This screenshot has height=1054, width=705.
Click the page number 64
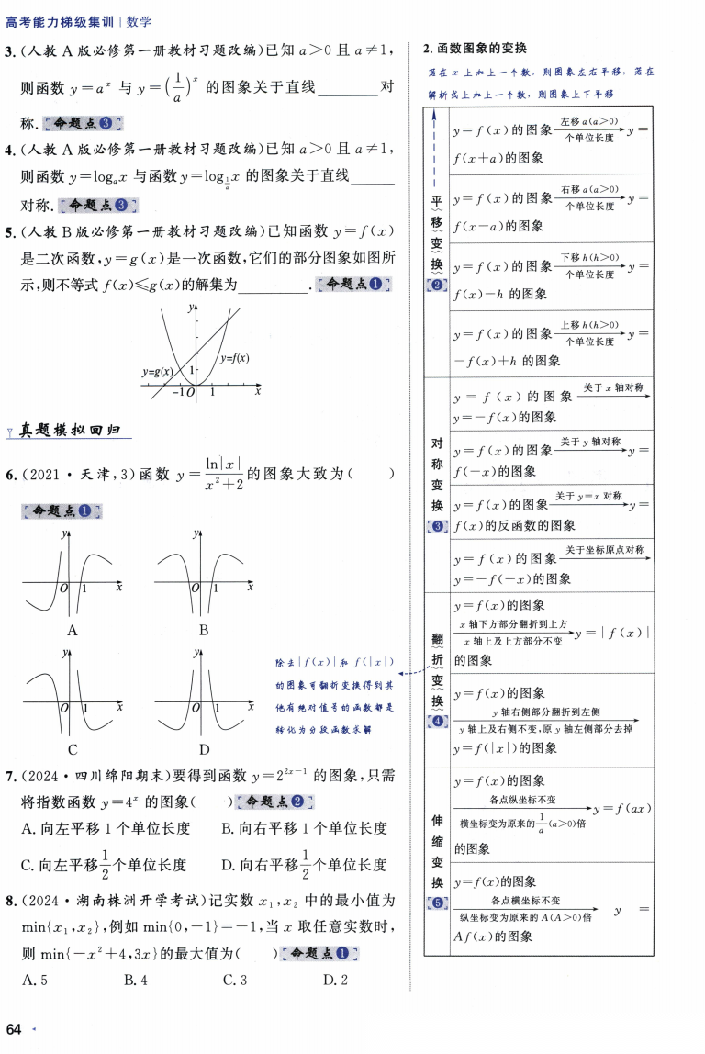point(13,1027)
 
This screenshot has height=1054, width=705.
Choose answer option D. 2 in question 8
point(335,980)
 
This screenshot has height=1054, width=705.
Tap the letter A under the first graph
point(73,630)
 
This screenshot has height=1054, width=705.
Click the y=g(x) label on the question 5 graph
point(158,373)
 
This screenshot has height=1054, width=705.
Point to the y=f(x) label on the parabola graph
point(235,358)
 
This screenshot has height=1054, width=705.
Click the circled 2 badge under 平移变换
point(437,286)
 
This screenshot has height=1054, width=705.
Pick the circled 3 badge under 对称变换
point(437,526)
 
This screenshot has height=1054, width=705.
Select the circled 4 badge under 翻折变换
point(437,721)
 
